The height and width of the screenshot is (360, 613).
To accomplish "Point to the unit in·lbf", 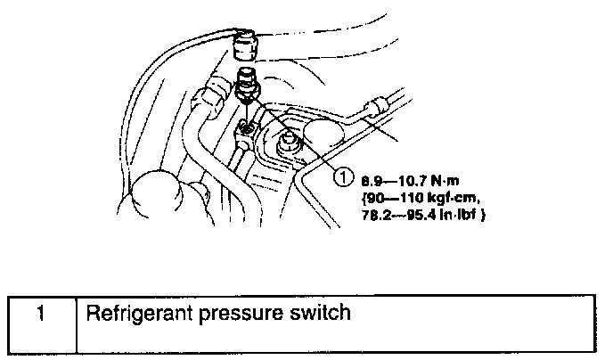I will [x=459, y=215].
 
